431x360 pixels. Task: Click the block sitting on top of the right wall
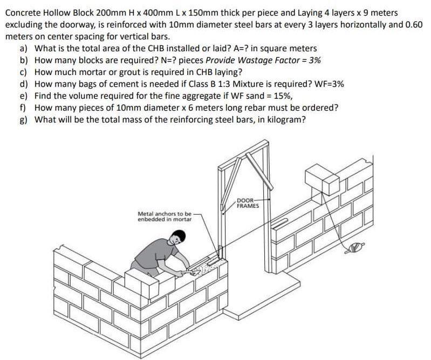tap(321, 178)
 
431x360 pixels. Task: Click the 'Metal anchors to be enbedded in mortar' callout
tap(165, 216)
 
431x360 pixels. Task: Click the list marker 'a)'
tap(24, 49)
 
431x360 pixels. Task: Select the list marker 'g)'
tap(24, 119)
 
